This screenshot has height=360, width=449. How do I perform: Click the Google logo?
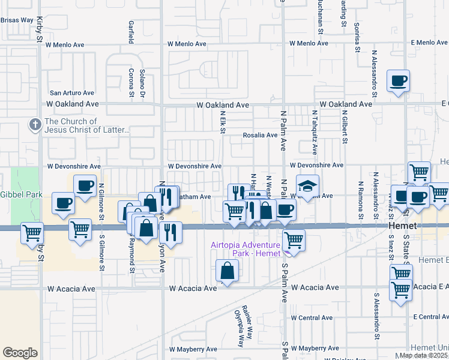click(20, 353)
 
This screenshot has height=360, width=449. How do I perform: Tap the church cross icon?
click(35, 125)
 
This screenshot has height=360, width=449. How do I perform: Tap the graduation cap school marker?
click(307, 186)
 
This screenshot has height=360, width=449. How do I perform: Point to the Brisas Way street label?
click(17, 20)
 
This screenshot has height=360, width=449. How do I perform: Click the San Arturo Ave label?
click(72, 93)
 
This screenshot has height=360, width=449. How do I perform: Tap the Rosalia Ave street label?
click(259, 135)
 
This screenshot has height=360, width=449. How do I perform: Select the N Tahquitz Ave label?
click(314, 128)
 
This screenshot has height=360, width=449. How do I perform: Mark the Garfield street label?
click(130, 32)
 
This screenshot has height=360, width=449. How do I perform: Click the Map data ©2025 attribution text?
click(423, 355)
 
